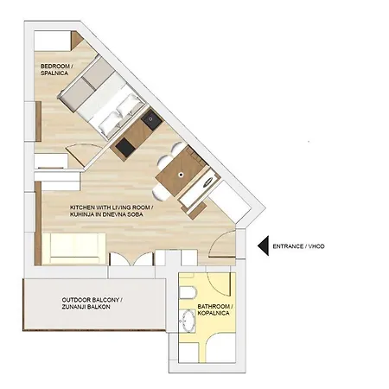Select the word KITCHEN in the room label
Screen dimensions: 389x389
coord(82,207)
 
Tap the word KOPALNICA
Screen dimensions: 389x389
coord(214,313)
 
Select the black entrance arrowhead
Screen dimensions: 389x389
coord(263,246)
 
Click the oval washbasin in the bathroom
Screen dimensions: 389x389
coord(188,321)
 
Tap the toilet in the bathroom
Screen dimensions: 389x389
coord(188,293)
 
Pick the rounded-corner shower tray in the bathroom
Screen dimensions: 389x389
coord(221,348)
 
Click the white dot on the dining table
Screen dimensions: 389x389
coord(181,175)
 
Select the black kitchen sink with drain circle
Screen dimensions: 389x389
coord(151,118)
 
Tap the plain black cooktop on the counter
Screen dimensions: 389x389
coord(125,147)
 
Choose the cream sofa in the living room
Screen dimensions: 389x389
coord(73,249)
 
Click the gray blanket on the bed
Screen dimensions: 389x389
coord(85,82)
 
